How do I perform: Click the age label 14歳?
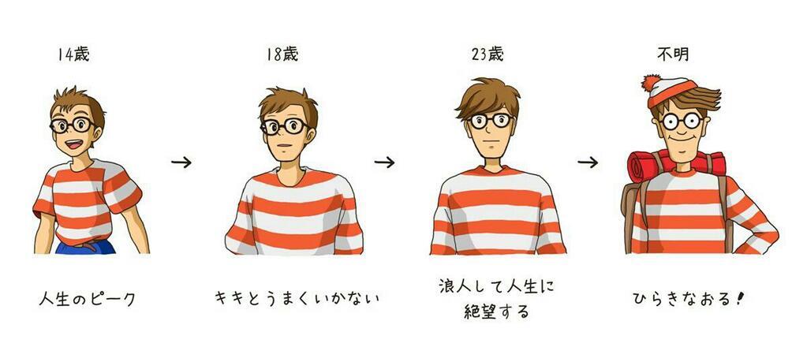(73, 54)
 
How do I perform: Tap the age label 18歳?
(282, 54)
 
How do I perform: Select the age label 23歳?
(487, 54)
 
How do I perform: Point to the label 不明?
(673, 54)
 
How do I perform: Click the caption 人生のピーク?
(87, 298)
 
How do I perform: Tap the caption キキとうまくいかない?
(297, 298)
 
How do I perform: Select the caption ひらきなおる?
(682, 298)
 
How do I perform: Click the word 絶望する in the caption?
(497, 311)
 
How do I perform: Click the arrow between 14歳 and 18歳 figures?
(181, 162)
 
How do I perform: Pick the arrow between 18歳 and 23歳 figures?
(384, 162)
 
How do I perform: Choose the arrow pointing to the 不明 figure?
(588, 162)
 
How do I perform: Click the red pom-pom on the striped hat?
(651, 83)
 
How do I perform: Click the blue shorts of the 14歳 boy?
(85, 247)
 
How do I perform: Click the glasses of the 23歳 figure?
(491, 121)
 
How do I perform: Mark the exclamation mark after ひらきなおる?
(740, 298)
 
